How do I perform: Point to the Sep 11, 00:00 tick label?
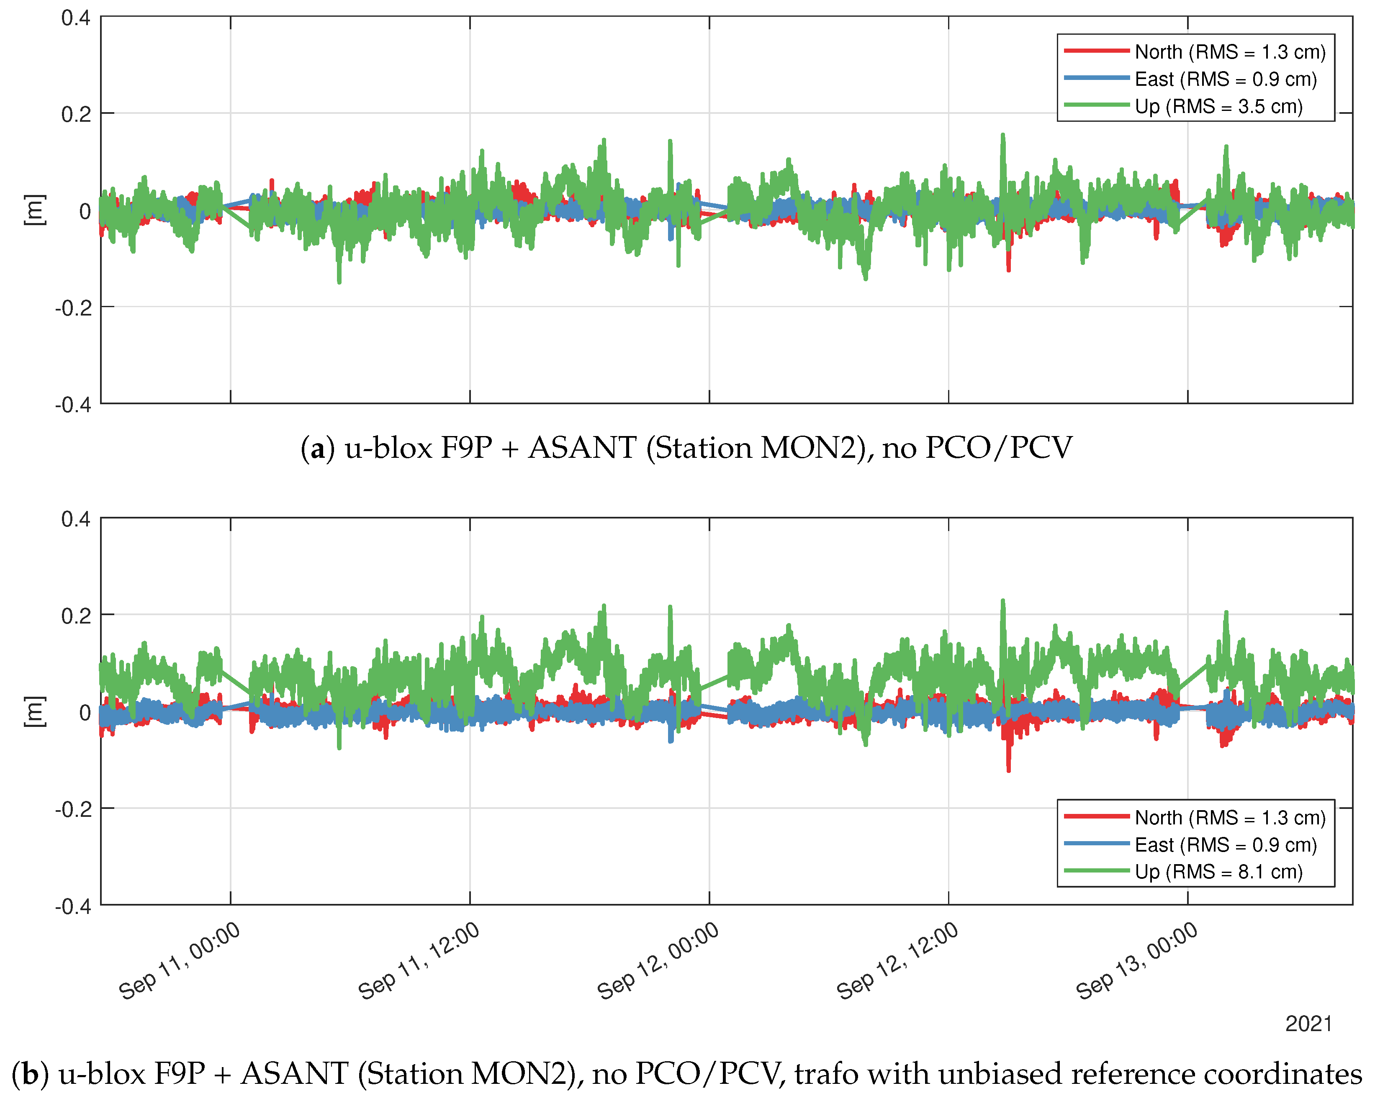click(180, 961)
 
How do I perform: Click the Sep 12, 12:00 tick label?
click(897, 961)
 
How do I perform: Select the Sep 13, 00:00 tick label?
click(1137, 961)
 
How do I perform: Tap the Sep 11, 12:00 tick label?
click(419, 961)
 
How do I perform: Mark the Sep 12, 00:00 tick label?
click(658, 961)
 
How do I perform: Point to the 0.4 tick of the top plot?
click(75, 18)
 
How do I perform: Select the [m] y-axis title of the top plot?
click(34, 210)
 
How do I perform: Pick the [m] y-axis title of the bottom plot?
click(34, 711)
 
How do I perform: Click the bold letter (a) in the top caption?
click(317, 448)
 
